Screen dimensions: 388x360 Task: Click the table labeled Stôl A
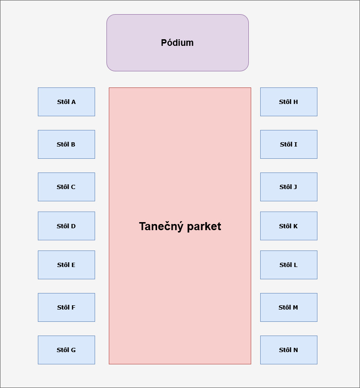pos(66,102)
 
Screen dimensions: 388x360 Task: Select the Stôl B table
pos(66,144)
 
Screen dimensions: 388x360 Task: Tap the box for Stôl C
pos(66,187)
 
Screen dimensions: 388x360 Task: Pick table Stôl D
pos(66,226)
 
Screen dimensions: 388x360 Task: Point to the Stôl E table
pos(66,265)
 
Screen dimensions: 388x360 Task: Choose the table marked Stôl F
pos(66,307)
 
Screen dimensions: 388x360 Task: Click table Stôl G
pos(66,350)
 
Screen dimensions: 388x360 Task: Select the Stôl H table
pos(289,102)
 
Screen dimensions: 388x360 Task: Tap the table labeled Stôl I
pos(289,144)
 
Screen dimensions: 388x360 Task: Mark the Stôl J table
pos(289,187)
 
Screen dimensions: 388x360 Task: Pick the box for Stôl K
pos(289,226)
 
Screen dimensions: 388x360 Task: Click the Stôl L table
pos(289,265)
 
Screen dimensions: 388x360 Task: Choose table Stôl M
pos(289,307)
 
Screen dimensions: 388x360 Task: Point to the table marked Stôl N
pos(289,350)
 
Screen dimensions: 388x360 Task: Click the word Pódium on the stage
pos(177,43)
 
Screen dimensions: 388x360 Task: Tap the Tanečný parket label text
pos(180,226)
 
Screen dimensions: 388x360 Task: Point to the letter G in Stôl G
pos(73,350)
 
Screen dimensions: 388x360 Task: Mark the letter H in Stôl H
pos(295,102)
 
